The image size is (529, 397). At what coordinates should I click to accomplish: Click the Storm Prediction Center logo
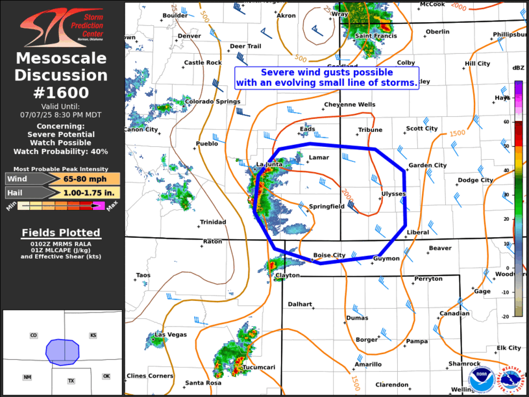point(62,26)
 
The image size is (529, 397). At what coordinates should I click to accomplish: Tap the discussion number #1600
point(62,92)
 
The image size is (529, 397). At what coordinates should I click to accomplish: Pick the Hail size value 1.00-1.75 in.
point(90,192)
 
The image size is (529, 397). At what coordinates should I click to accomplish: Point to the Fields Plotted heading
point(61,233)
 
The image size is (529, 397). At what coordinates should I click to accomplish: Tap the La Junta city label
point(270,164)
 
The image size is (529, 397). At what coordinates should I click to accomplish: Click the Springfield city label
point(326,206)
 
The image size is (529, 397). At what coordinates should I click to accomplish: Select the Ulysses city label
point(393,194)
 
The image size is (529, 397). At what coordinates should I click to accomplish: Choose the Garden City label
point(427,166)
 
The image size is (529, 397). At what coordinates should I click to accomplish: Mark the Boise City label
point(329,255)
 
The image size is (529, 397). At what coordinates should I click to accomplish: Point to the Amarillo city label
point(368,365)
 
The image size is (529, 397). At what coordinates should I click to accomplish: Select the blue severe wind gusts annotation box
point(326,78)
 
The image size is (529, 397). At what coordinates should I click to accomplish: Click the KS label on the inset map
point(93,335)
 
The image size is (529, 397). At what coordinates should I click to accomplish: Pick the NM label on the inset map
point(27,377)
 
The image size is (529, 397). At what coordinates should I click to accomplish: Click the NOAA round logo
point(481,379)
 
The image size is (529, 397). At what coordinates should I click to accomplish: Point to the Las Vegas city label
point(170,335)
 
